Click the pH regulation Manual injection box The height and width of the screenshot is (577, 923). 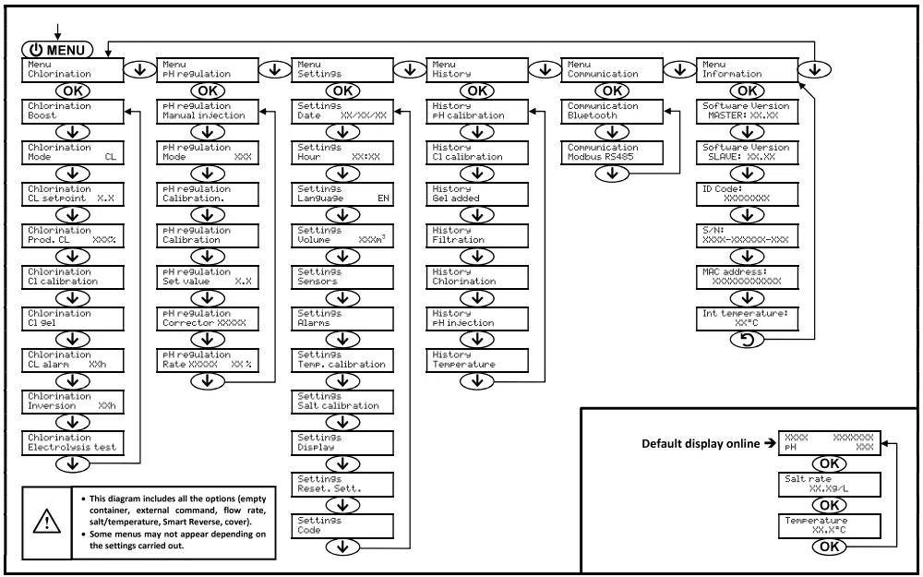[205, 112]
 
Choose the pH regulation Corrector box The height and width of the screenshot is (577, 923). [205, 319]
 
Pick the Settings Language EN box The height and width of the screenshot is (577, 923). [341, 195]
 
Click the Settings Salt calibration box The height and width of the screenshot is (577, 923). [341, 402]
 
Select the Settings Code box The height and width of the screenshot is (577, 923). [341, 526]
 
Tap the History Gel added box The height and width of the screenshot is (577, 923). [475, 195]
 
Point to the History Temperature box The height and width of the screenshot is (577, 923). [475, 360]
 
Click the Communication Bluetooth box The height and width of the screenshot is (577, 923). [610, 112]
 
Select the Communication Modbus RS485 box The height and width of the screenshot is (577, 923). [610, 153]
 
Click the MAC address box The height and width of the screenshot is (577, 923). [746, 278]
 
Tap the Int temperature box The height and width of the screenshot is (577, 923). [746, 319]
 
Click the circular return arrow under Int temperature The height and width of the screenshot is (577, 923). [746, 341]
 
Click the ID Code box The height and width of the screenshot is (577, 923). [746, 195]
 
